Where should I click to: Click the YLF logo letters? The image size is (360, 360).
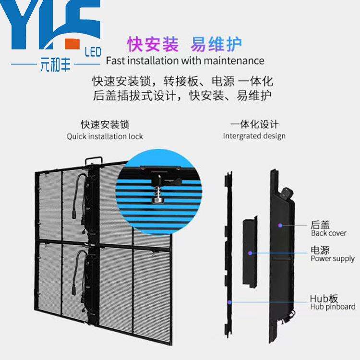50,24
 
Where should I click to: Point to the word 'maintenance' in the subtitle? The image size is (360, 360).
237,60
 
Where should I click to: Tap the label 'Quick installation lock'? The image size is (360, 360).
105,136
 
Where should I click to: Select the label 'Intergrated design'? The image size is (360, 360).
254,136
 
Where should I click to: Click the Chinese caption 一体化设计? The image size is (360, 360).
254,124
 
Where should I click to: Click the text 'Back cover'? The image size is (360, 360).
329,234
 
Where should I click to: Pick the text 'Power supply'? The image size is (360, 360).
333,259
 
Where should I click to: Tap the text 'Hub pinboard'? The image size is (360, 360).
333,306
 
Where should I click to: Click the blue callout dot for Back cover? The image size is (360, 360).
278,224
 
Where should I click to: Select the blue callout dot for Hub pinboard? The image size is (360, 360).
230,302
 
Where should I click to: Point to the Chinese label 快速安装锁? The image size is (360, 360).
105,125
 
